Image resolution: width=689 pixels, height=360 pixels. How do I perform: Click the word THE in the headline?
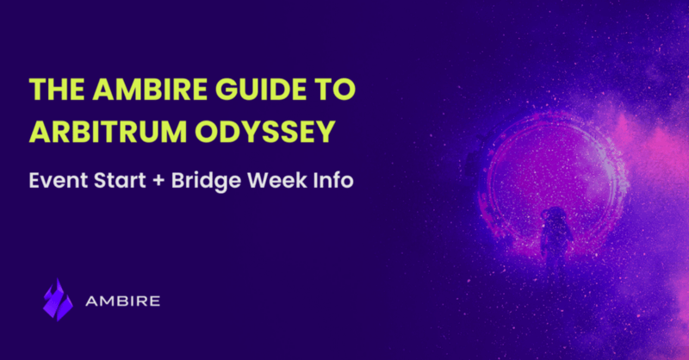pos(57,90)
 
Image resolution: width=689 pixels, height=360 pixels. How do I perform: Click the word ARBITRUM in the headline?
pos(108,132)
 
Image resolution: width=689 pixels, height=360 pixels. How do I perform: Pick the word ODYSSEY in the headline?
pos(265,132)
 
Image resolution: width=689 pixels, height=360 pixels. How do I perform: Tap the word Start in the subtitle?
pos(120,180)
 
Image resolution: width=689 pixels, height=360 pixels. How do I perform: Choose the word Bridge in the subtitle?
pos(206,181)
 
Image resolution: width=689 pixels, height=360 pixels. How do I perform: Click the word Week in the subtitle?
pos(277,180)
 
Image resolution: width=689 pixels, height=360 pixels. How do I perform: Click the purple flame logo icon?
pos(58,300)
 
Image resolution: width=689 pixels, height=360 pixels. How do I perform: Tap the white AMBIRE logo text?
pos(122,301)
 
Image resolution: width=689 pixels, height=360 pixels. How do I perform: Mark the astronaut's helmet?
pos(556,215)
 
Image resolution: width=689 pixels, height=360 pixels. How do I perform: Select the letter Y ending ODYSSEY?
pos(326,132)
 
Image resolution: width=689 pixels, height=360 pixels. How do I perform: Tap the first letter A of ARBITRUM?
pos(39,132)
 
